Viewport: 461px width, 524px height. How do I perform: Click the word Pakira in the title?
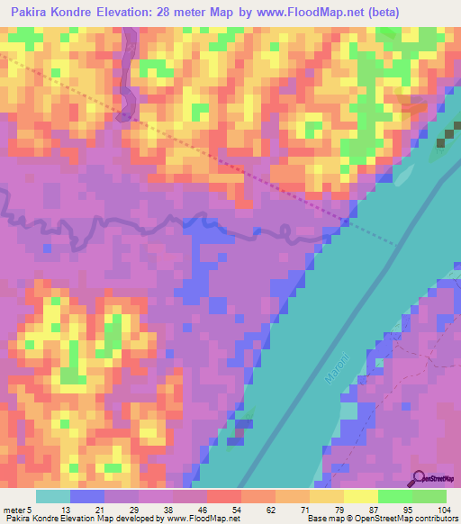[x=32, y=12]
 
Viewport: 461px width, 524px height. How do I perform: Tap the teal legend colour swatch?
[x=52, y=495]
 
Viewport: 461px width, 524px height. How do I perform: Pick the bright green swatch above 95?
[x=394, y=495]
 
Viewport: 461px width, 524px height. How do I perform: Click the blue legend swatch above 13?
[x=87, y=495]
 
